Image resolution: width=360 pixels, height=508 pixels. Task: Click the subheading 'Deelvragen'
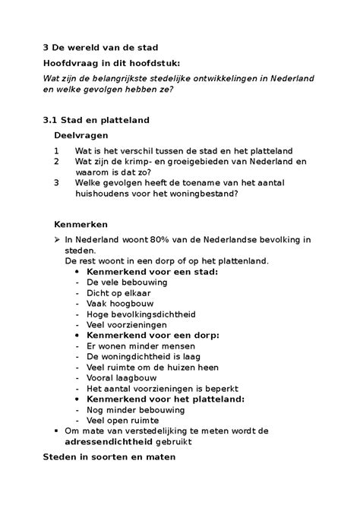click(x=81, y=134)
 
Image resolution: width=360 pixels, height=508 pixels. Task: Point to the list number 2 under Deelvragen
click(x=56, y=162)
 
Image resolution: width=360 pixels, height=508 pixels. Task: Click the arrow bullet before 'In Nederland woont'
click(x=57, y=240)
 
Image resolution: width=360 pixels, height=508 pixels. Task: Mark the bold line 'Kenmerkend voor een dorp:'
click(x=153, y=334)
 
